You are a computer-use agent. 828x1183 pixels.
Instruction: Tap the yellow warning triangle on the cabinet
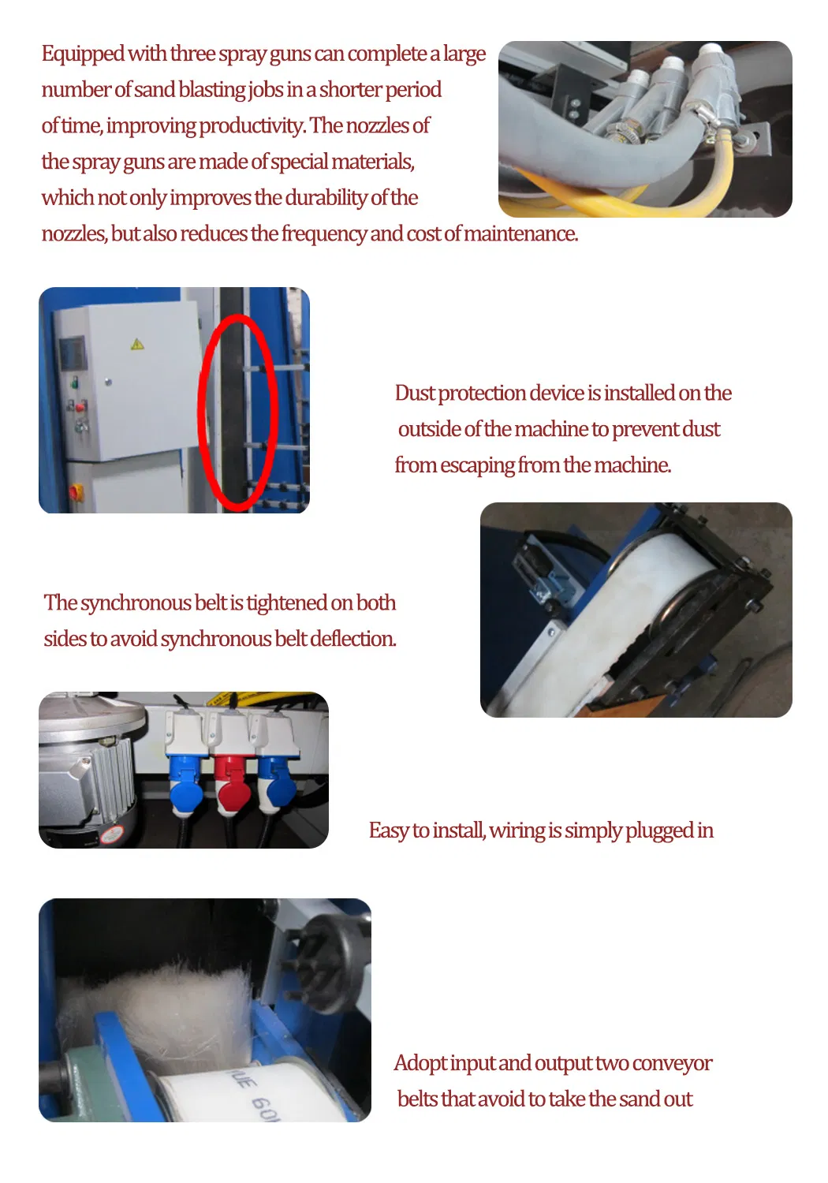136,345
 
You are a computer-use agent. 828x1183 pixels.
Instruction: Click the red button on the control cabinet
80,407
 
